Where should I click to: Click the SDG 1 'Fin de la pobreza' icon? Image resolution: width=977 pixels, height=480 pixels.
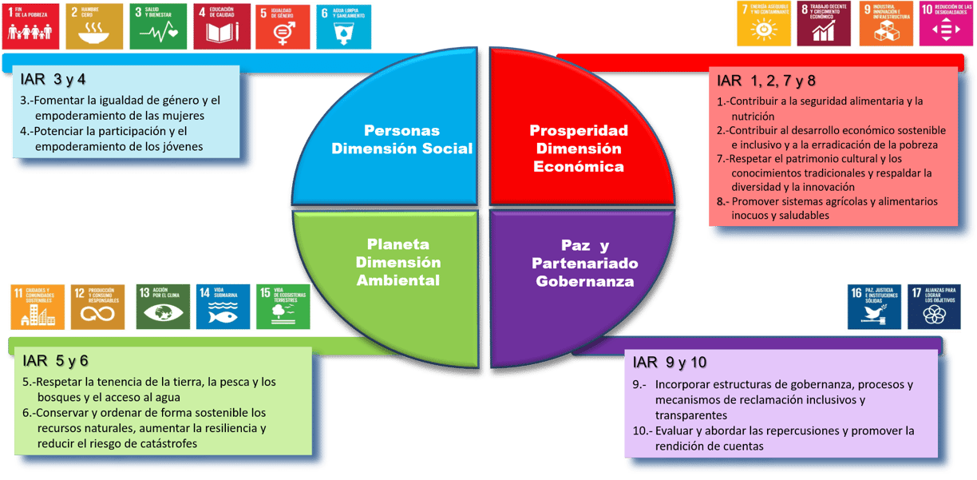30,26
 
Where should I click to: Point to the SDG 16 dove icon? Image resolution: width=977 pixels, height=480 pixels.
874,306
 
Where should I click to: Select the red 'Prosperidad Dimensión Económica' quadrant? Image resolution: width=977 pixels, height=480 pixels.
579,147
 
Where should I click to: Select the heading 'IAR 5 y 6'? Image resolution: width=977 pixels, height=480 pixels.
55,361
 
